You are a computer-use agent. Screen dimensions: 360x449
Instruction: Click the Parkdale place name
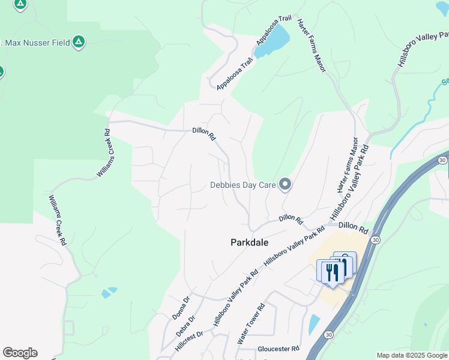click(249, 242)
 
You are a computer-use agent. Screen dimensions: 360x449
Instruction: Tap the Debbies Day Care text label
click(243, 185)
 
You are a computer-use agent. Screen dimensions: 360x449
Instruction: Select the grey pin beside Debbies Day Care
click(285, 185)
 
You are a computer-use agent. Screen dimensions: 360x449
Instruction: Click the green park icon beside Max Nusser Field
click(78, 42)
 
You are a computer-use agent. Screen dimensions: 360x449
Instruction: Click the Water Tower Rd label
click(251, 325)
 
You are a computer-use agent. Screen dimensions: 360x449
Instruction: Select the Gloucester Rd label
click(279, 349)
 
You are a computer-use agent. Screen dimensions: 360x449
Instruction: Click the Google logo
click(20, 353)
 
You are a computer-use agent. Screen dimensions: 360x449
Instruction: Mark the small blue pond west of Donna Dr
click(109, 293)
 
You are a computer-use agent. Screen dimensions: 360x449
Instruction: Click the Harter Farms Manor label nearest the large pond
click(311, 46)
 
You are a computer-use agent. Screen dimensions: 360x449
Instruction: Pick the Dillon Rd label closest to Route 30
click(352, 227)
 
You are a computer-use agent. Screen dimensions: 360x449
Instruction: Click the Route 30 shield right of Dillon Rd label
click(376, 239)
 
